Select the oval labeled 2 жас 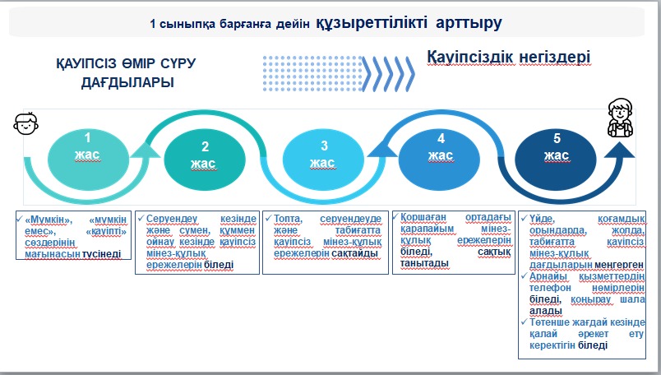pyautogui.click(x=205, y=160)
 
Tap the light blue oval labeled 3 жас pyautogui.click(x=323, y=159)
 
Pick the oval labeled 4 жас pyautogui.click(x=439, y=158)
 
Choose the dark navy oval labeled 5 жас pyautogui.click(x=556, y=158)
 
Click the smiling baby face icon pyautogui.click(x=25, y=123)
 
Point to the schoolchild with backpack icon pyautogui.click(x=620, y=118)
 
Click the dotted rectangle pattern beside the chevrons pyautogui.click(x=312, y=73)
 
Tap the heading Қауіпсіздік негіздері pyautogui.click(x=509, y=57)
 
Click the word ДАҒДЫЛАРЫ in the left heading pyautogui.click(x=127, y=83)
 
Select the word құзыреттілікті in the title pyautogui.click(x=372, y=22)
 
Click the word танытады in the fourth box pyautogui.click(x=424, y=263)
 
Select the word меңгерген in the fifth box pyautogui.click(x=619, y=265)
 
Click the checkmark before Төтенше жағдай pyautogui.click(x=524, y=322)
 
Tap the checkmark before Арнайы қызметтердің pyautogui.click(x=524, y=275)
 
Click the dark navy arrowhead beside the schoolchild pyautogui.click(x=620, y=150)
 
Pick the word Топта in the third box pyautogui.click(x=288, y=219)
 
